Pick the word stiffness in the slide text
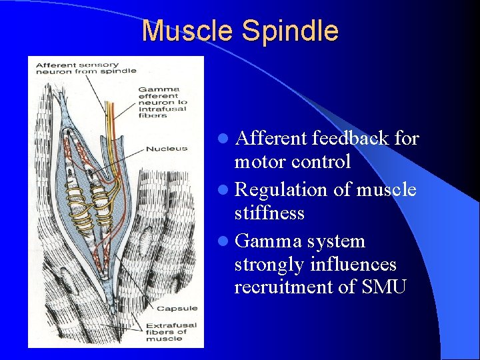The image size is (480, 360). click(269, 213)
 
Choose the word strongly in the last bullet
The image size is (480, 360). click(269, 265)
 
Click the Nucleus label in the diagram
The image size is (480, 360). click(167, 148)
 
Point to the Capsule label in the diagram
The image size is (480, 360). click(177, 308)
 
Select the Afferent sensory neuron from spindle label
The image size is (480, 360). click(85, 68)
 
